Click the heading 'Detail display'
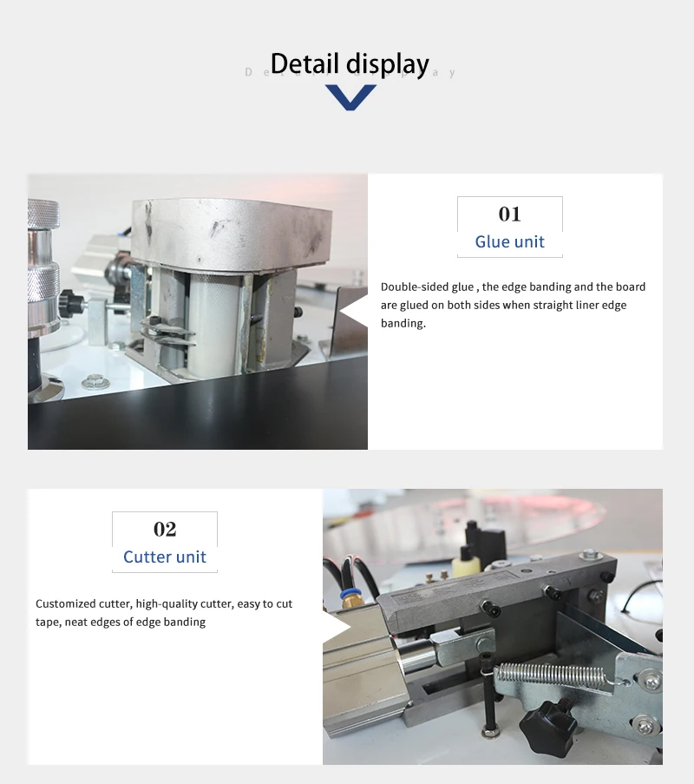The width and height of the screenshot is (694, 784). click(350, 64)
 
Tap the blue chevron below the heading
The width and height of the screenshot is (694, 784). click(350, 97)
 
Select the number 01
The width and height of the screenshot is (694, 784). click(509, 214)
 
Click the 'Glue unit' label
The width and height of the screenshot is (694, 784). click(509, 241)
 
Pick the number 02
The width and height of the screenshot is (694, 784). click(165, 529)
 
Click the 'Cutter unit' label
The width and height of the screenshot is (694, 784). click(165, 557)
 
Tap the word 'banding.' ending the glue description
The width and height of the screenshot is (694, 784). click(403, 324)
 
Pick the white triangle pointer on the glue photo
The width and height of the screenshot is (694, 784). click(354, 312)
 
